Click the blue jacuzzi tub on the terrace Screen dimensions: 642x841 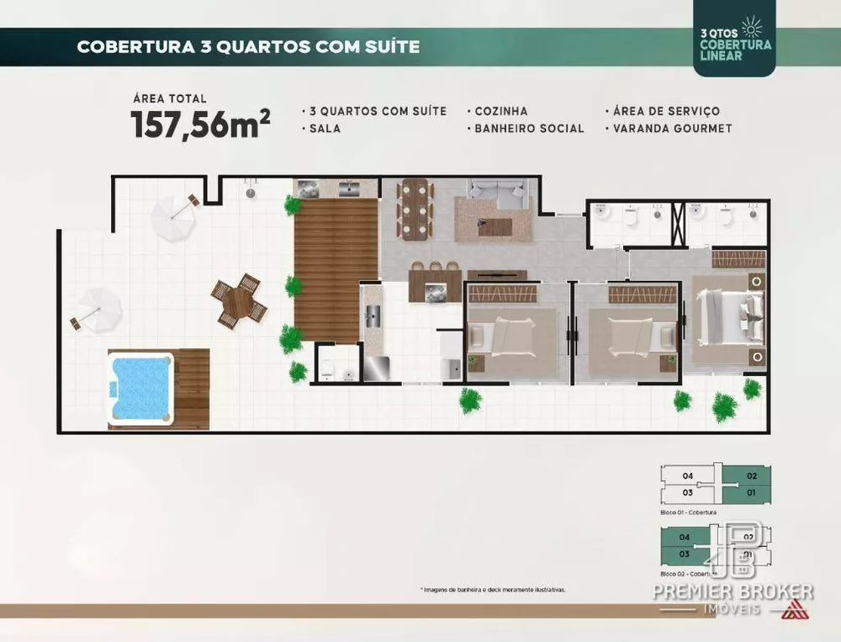click(x=141, y=388)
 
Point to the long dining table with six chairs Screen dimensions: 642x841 click(x=415, y=210)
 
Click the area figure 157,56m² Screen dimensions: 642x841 click(x=200, y=125)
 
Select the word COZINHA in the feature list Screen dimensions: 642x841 click(x=501, y=111)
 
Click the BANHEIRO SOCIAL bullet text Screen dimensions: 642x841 click(x=529, y=129)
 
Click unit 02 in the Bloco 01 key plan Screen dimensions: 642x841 click(x=751, y=475)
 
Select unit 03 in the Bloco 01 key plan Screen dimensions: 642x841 click(x=687, y=492)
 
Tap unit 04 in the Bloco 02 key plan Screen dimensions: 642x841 click(x=685, y=537)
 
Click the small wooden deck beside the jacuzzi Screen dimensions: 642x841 click(x=193, y=388)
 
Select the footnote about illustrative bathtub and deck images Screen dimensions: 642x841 click(x=492, y=590)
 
